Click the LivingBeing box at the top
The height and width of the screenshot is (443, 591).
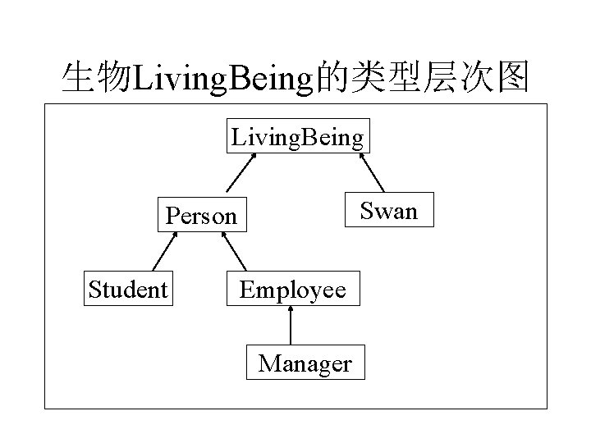coord(298,136)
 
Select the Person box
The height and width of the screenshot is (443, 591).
coord(201,216)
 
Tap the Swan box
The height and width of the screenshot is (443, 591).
coord(389,211)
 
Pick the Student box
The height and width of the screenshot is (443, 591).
coord(129,289)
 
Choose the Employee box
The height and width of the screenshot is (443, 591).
coord(292,289)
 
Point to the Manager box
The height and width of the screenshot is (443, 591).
coord(305,363)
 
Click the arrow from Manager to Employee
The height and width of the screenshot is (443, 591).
coord(291,326)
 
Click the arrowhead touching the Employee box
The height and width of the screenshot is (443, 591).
coord(291,311)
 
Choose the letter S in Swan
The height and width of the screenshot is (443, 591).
coord(367,212)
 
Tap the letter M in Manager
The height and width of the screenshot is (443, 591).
coord(268,363)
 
